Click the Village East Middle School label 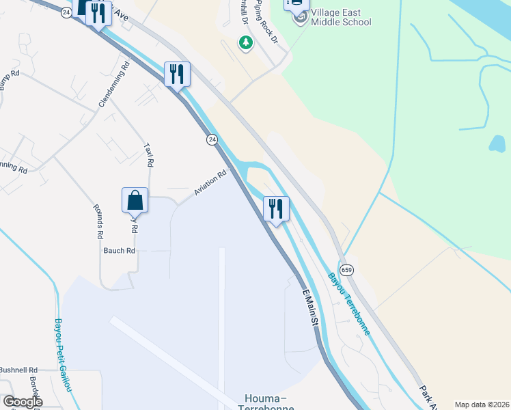[341, 17]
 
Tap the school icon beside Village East [300, 17]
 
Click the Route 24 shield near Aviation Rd [212, 139]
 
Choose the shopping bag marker [135, 200]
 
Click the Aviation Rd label [210, 183]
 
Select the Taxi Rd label [148, 154]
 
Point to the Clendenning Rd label [114, 85]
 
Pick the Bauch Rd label [119, 251]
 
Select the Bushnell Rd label [18, 370]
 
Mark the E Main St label [312, 307]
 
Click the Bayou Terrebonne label [349, 304]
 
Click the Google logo [23, 402]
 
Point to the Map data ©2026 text [481, 405]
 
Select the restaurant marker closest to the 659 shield [276, 209]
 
